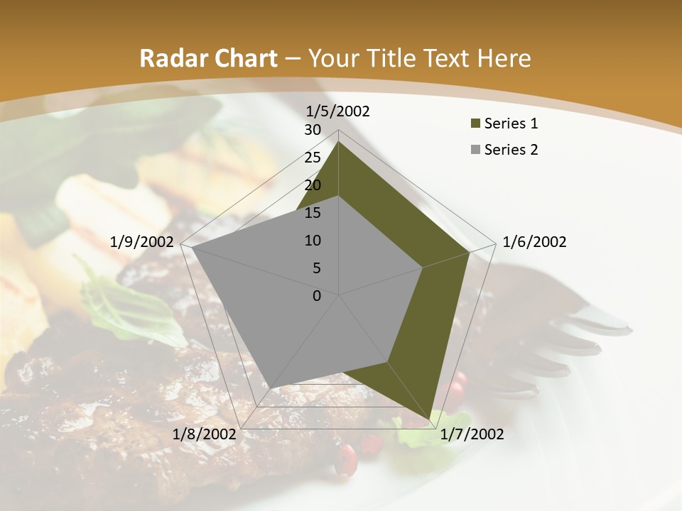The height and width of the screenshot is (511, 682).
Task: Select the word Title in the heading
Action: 390,58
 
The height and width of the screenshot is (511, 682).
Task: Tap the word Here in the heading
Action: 504,58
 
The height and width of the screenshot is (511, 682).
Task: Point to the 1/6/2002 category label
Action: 534,242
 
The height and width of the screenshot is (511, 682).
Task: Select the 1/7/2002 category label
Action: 472,434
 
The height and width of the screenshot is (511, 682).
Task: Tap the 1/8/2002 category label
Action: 205,434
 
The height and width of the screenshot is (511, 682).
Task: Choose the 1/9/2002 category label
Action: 142,242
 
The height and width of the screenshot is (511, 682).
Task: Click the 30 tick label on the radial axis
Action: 313,130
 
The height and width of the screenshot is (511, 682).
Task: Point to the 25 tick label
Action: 313,158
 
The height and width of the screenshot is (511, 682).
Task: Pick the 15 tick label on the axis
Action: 313,213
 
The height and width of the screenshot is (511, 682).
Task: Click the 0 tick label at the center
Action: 317,296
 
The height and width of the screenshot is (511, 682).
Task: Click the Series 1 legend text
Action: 511,123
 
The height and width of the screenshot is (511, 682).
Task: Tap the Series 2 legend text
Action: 511,150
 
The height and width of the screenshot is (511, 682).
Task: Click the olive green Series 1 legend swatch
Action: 475,123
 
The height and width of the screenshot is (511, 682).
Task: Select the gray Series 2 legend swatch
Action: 475,150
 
